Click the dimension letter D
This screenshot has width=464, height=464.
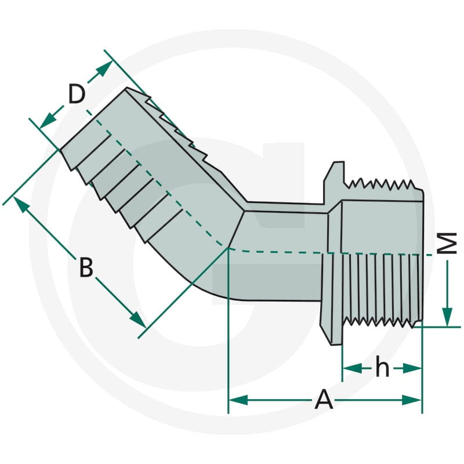(x=77, y=94)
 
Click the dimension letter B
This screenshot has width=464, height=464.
(x=86, y=267)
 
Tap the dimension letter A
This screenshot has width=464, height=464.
(x=324, y=400)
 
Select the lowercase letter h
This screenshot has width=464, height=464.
(x=382, y=367)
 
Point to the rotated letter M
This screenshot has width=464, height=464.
(x=447, y=243)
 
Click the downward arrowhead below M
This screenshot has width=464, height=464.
(x=447, y=317)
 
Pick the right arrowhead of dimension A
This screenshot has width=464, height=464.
(x=412, y=400)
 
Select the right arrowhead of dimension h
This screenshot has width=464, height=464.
(x=412, y=368)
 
